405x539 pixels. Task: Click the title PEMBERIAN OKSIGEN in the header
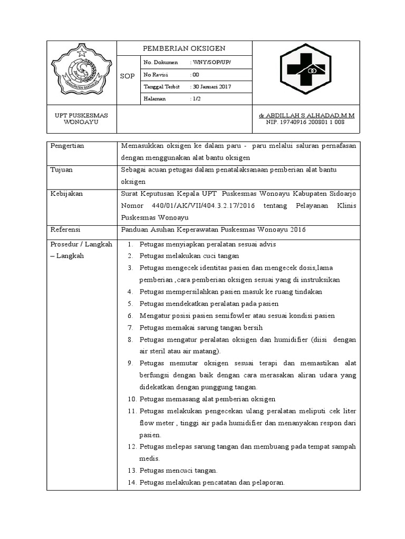tap(184, 48)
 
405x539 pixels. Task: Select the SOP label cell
tap(128, 76)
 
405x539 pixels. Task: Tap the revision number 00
tap(196, 75)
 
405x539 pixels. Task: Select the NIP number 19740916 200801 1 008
tap(305, 122)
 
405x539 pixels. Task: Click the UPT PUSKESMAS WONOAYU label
tap(81, 118)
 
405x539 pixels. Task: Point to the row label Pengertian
tap(67, 146)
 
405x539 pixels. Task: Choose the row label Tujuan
tap(62, 170)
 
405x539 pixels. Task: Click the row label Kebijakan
tap(66, 194)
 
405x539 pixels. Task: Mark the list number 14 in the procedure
tap(132, 483)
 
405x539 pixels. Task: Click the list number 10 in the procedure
tap(132, 399)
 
